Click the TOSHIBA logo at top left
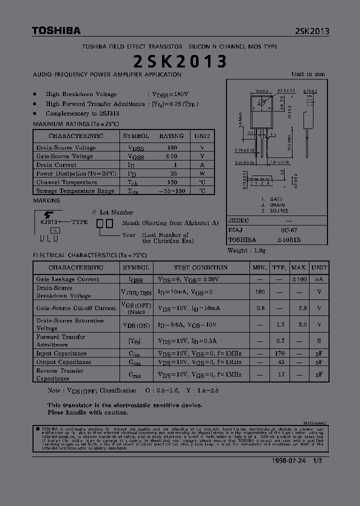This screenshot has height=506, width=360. tap(56, 31)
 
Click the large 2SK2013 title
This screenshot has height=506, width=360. tap(180, 61)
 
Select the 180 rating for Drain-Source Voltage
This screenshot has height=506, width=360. tap(172, 147)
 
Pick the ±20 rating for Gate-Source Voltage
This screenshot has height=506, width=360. tap(171, 156)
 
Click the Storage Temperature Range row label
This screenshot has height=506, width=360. tap(75, 191)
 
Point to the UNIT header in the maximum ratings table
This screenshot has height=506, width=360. tap(202, 136)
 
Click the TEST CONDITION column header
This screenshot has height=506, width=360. tap(200, 267)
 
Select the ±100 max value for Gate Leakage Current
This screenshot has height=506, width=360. tap(299, 279)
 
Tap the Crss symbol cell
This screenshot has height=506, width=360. tap(135, 374)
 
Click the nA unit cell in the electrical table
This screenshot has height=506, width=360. tap(319, 279)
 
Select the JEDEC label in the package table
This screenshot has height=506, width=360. tap(238, 221)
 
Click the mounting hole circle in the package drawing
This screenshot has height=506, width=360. tap(261, 103)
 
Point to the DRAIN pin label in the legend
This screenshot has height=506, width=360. tap(277, 205)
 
